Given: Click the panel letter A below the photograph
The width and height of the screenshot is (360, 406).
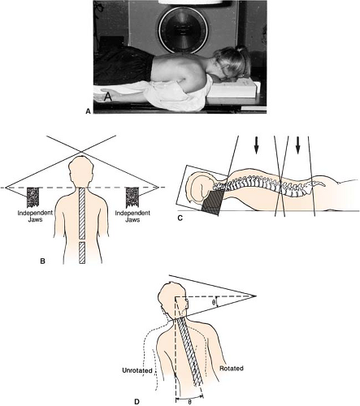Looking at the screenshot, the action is [x=88, y=111].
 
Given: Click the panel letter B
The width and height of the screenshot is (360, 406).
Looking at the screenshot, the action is [x=42, y=261].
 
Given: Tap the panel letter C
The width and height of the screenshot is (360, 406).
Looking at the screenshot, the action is [x=180, y=218].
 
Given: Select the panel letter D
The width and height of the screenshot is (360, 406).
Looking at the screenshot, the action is [x=137, y=402].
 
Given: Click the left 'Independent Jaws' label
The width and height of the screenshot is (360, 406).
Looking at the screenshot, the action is [x=35, y=216].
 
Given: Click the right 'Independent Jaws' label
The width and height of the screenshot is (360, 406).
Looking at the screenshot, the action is [x=132, y=216].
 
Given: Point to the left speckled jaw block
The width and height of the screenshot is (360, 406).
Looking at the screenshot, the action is [x=33, y=197].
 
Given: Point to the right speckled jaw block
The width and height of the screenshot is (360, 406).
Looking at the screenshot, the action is [x=132, y=197].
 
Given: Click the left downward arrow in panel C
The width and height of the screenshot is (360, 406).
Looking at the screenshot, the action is [x=256, y=145].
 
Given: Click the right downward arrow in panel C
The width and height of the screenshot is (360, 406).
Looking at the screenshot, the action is [x=298, y=145].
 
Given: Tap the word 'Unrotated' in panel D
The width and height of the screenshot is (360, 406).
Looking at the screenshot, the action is [x=137, y=370].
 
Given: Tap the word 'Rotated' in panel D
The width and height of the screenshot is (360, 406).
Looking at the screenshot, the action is [x=232, y=369].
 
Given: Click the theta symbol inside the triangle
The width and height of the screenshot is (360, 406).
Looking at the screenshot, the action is [x=214, y=302].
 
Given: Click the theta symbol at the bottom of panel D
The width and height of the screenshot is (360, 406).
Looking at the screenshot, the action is [x=189, y=402].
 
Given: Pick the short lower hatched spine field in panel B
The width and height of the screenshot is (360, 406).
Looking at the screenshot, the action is [x=82, y=253].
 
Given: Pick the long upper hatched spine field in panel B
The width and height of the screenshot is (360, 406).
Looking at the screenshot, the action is [x=82, y=214].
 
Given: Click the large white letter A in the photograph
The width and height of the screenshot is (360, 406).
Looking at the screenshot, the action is [x=108, y=97].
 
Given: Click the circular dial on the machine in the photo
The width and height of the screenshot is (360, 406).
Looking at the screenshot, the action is [x=183, y=29].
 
